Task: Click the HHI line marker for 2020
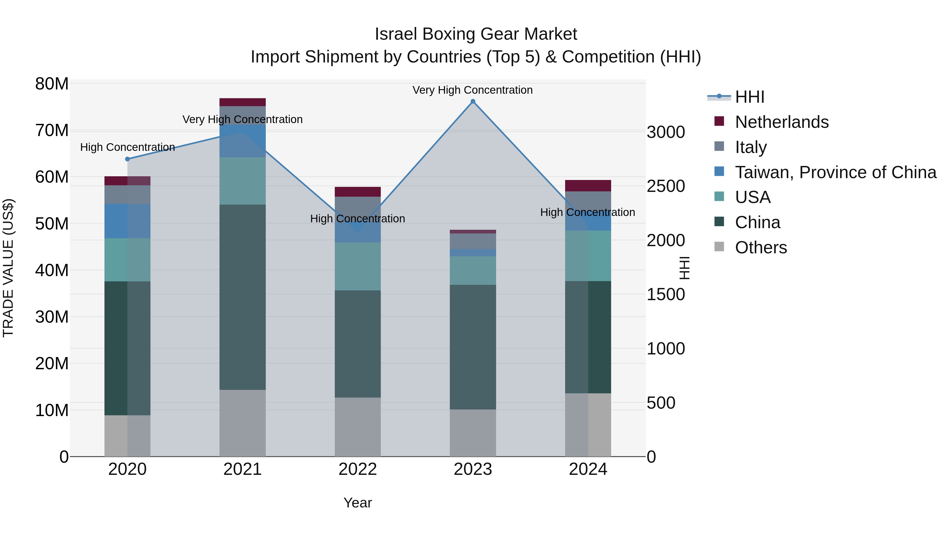tap(127, 159)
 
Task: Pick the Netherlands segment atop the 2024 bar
tap(588, 186)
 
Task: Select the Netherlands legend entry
tap(782, 122)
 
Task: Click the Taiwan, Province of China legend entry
tap(835, 172)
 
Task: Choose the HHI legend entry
tap(749, 97)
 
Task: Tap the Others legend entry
tap(761, 247)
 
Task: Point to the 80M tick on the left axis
tap(52, 84)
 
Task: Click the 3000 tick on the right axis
tap(666, 132)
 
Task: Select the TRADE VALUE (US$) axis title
tap(8, 268)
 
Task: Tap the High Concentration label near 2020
tap(127, 147)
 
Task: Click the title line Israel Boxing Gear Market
tap(476, 34)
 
